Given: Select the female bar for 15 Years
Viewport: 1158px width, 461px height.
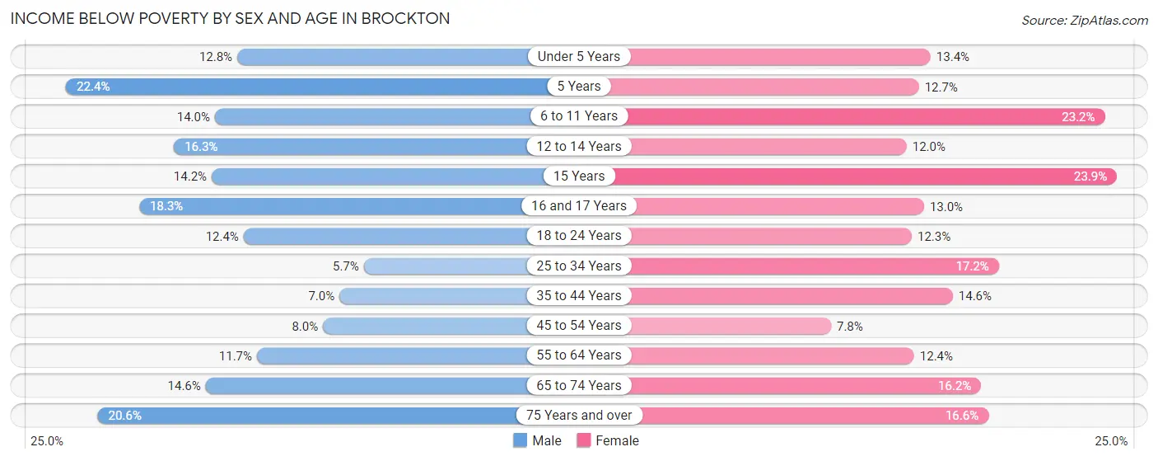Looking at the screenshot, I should click(865, 176).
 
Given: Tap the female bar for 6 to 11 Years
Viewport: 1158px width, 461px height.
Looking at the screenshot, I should click(865, 116).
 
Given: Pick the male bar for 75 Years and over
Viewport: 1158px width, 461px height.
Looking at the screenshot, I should click(313, 416).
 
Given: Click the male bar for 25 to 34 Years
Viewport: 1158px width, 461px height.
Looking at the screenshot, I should click(449, 266).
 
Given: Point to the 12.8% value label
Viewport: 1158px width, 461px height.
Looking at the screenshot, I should click(217, 57).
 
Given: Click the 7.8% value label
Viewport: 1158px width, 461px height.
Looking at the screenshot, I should click(850, 326).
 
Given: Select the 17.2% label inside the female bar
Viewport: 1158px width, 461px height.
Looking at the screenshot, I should click(974, 266).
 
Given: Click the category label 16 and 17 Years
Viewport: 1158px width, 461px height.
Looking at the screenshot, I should click(579, 206).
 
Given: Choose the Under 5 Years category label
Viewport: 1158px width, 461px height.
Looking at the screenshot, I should click(579, 57).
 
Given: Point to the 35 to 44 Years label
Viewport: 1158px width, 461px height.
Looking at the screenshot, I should click(579, 296).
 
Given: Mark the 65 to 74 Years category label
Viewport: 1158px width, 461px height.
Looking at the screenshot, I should click(579, 386).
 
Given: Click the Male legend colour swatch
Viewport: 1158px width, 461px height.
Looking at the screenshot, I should click(520, 441).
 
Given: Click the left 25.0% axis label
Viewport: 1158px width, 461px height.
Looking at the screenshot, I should click(47, 441).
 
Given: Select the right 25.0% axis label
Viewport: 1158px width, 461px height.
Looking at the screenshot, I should click(1111, 441).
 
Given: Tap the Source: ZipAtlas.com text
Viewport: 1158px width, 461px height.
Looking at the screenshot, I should click(1085, 19).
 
